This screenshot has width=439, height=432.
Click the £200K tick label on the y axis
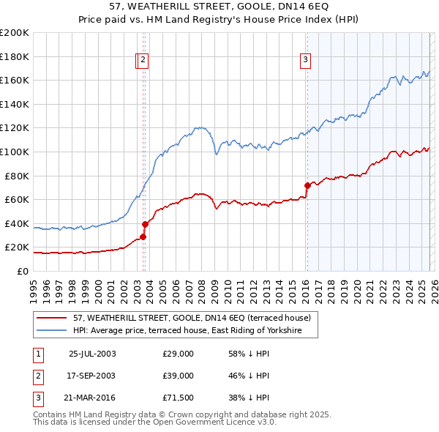15,32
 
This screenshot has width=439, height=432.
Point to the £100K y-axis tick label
15,152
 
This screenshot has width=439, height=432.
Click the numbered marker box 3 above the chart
305,61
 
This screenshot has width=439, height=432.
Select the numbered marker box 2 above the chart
143,61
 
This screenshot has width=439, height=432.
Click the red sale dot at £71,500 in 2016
307,185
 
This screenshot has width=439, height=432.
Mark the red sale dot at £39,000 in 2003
145,224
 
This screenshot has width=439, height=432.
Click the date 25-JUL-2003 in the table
92,354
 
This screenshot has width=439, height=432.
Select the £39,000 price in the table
179,376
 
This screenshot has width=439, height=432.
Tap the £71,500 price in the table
179,398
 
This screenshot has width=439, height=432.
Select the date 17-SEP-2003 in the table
92,376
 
